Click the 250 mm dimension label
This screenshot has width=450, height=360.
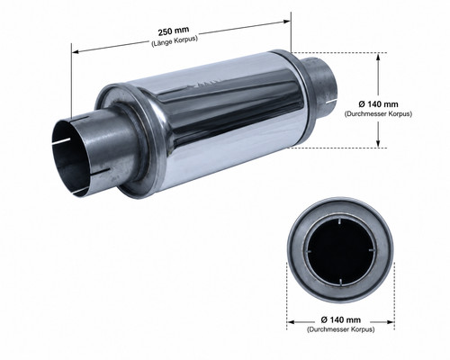(174, 31)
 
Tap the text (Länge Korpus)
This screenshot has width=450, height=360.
(175, 41)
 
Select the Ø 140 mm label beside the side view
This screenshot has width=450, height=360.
(378, 104)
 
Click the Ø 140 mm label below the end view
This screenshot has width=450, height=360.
(341, 319)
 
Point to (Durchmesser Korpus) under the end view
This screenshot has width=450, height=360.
(341, 329)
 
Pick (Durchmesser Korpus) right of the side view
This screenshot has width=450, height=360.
(378, 114)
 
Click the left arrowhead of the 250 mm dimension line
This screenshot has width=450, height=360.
(76, 51)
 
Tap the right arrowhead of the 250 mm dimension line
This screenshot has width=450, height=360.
(287, 22)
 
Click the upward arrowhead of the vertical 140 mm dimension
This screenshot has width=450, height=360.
(378, 57)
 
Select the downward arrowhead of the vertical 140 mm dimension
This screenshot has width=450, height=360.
(378, 143)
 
